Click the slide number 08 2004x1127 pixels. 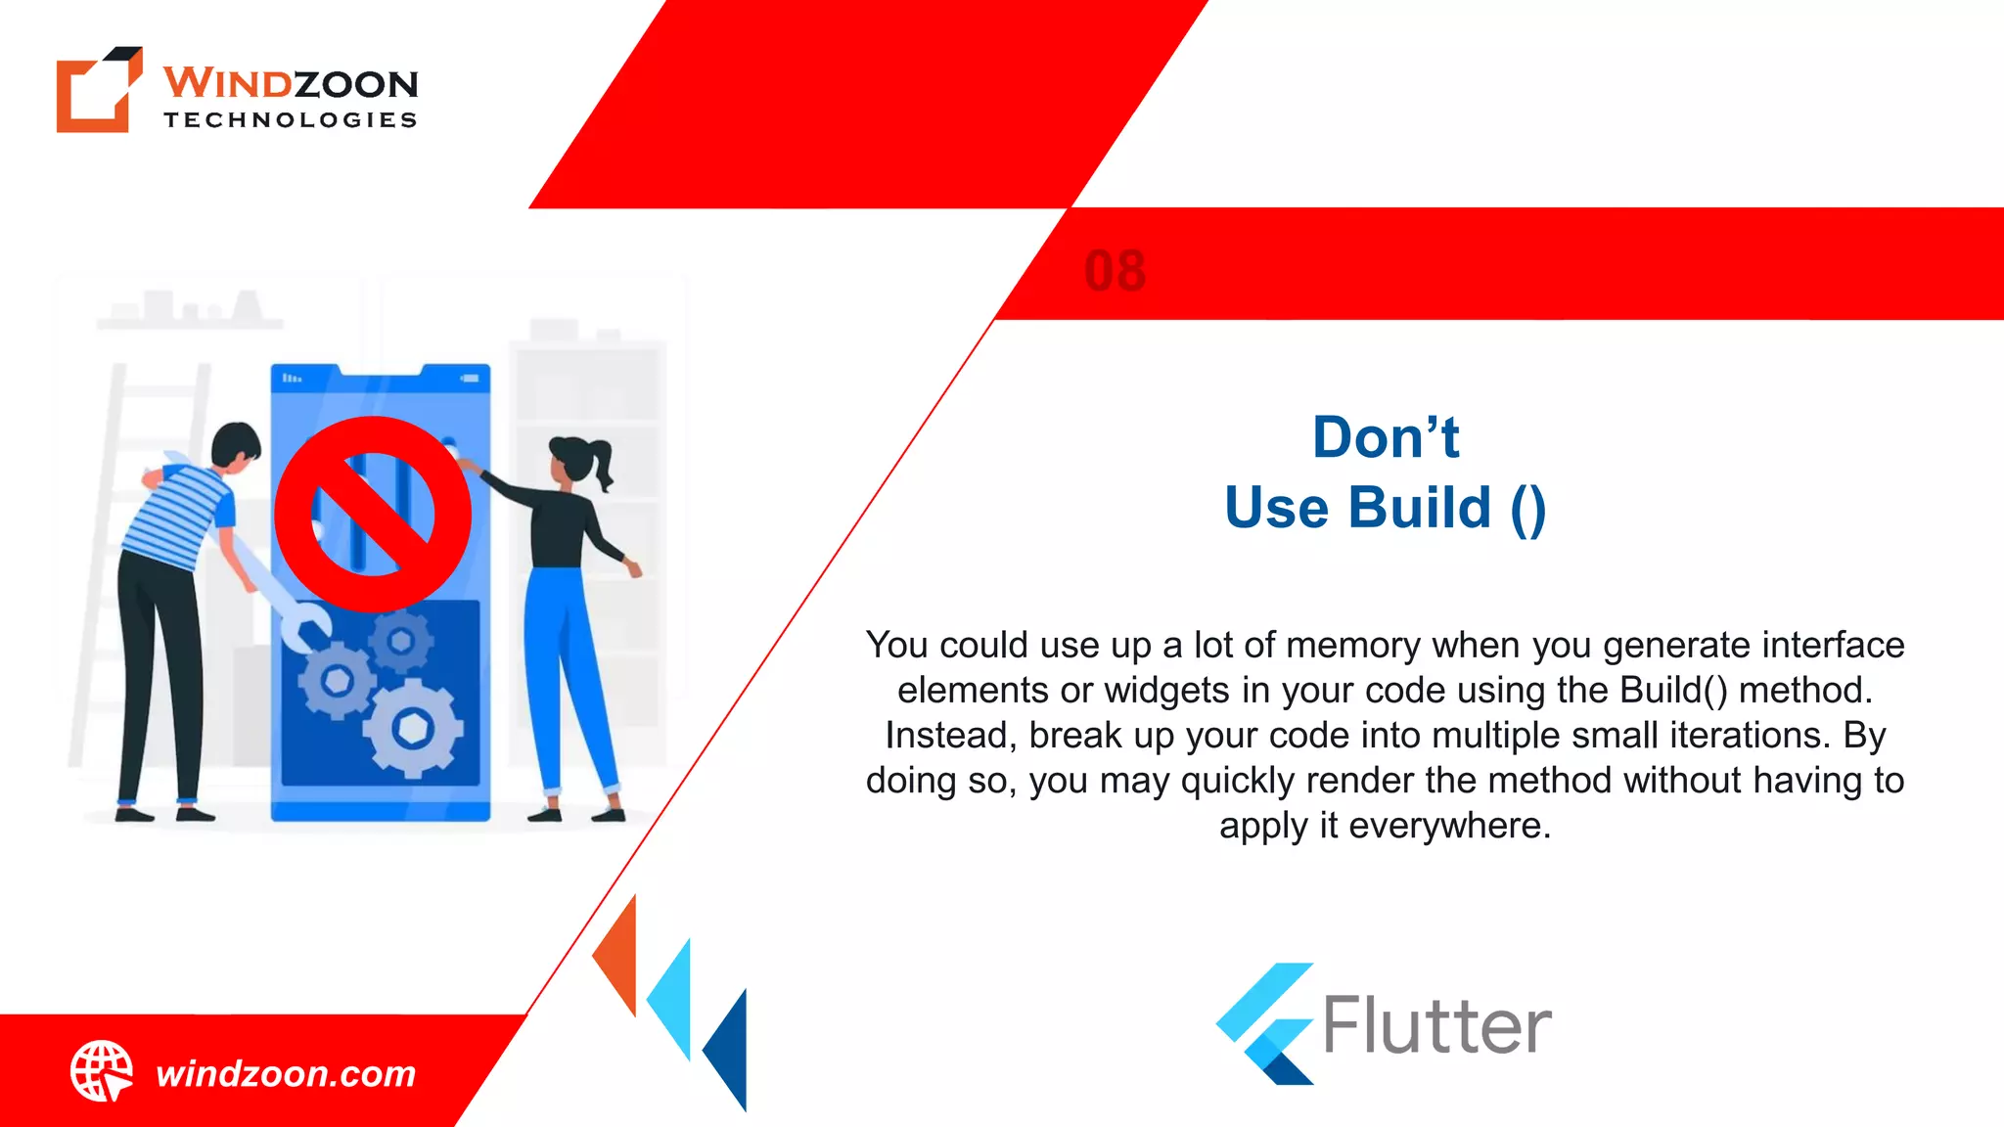(x=1115, y=271)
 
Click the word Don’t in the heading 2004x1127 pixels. (x=1385, y=437)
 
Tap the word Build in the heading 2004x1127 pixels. (x=1419, y=508)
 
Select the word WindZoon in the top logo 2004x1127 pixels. (x=291, y=84)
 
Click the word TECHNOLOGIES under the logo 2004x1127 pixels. (x=291, y=120)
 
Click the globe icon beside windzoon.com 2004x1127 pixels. (x=101, y=1071)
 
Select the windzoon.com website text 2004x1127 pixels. (x=286, y=1074)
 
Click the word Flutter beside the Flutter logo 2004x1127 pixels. (x=1436, y=1026)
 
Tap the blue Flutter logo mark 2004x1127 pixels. (x=1264, y=1023)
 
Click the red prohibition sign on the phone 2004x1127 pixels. (x=372, y=514)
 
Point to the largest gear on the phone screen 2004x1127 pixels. (x=412, y=729)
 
